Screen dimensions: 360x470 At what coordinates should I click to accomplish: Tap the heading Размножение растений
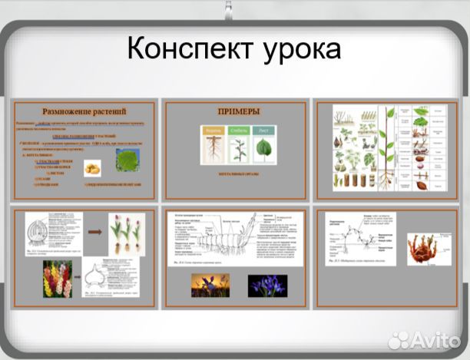pyautogui.click(x=84, y=111)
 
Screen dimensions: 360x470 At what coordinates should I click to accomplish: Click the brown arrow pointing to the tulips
pyautogui.click(x=95, y=231)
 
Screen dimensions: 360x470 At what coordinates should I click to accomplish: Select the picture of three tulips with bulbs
pyautogui.click(x=126, y=233)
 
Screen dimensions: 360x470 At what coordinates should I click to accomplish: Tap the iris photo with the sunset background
pyautogui.click(x=210, y=286)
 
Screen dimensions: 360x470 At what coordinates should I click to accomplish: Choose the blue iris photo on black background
pyautogui.click(x=266, y=286)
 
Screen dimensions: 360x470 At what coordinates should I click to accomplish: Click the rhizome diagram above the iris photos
pyautogui.click(x=234, y=239)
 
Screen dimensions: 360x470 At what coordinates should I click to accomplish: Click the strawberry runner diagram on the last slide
pyautogui.click(x=361, y=237)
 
